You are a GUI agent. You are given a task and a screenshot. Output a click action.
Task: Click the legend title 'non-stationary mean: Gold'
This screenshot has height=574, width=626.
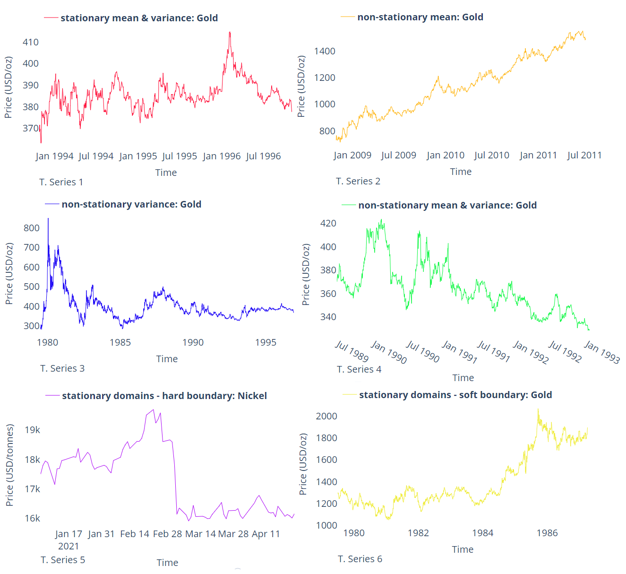tap(420, 17)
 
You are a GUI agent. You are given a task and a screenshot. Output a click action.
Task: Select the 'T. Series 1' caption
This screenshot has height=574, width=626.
tap(61, 182)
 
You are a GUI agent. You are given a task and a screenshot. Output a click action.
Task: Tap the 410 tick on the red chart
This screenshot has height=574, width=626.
tap(31, 42)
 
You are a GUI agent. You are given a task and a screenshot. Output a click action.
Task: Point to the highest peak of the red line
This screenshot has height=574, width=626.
tap(230, 33)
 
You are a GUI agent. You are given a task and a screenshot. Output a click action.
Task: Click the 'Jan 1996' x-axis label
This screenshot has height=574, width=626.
tap(222, 156)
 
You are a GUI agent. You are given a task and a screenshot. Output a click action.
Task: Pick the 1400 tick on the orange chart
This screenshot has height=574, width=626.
tap(325, 51)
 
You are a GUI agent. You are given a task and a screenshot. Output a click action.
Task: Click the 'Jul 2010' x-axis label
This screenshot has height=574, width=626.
tap(491, 155)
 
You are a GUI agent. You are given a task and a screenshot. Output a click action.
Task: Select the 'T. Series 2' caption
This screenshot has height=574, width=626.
tap(358, 181)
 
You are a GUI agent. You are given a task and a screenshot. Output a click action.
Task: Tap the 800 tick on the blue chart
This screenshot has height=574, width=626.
tap(32, 228)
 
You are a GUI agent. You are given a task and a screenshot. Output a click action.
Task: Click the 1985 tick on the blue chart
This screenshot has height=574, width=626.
tap(120, 342)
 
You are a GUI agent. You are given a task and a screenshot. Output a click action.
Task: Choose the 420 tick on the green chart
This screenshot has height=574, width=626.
tap(328, 223)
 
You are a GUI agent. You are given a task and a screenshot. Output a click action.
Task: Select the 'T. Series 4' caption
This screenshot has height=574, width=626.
tap(359, 369)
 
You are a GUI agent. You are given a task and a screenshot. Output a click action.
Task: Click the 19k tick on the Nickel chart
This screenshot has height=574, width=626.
tap(33, 430)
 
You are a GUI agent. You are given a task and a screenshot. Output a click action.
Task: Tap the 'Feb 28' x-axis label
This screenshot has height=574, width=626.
tap(167, 534)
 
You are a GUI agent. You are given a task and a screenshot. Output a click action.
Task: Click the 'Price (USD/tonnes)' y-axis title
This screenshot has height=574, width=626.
tap(9, 465)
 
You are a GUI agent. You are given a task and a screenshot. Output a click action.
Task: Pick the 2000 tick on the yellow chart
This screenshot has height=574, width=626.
tap(326, 416)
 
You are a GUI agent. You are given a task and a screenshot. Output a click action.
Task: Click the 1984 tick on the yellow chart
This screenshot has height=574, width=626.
tap(482, 533)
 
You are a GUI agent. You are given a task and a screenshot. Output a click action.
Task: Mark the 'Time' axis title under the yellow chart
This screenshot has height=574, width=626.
tap(463, 549)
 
